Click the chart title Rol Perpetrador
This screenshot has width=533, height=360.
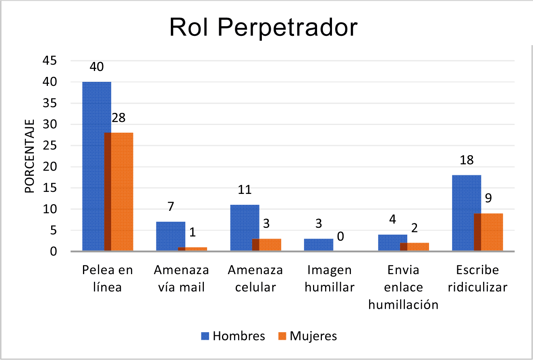(263, 27)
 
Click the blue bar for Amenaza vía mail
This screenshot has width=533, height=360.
(167, 236)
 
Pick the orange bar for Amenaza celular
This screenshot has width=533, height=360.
(270, 245)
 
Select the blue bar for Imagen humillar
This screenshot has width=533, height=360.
(318, 245)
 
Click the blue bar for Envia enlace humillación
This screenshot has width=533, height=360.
(389, 243)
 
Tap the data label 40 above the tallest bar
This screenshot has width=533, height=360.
(97, 67)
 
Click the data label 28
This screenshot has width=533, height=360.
(118, 118)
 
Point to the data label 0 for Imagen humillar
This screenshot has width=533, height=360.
(340, 236)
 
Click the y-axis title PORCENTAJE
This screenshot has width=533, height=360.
(30, 156)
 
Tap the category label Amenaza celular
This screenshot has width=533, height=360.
(255, 279)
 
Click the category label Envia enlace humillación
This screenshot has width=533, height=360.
(403, 287)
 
